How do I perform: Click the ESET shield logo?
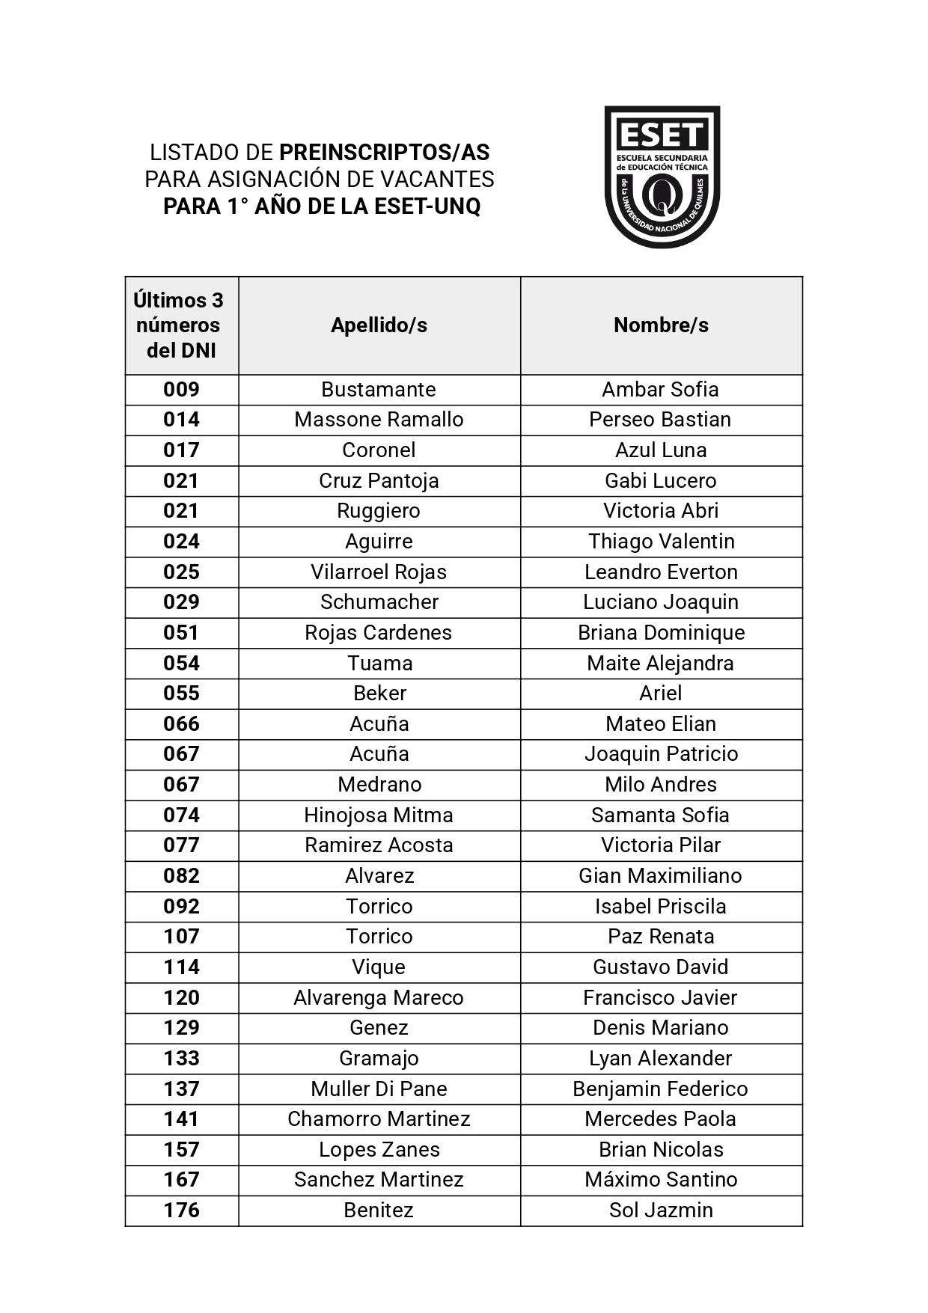pos(662,177)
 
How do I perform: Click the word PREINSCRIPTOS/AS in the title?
pos(384,153)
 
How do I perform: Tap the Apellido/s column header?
pos(379,325)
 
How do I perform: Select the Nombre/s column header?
pos(661,325)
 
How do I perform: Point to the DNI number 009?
pos(181,390)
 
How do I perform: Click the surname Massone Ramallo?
pos(379,420)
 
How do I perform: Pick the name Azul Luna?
pos(661,450)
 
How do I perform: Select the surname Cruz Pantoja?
pos(379,481)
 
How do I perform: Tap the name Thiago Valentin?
pos(661,542)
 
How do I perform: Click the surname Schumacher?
pos(379,602)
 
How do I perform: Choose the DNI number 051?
pos(181,633)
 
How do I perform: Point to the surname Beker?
pos(379,694)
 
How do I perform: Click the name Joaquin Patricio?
pos(661,754)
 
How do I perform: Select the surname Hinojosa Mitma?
pos(379,815)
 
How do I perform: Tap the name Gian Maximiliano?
pos(660,876)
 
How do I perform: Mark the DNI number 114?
pos(181,967)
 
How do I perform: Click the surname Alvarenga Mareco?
pos(379,998)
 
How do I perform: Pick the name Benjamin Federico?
pos(660,1089)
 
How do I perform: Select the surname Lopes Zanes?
pos(379,1150)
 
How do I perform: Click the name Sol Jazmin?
pos(661,1211)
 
